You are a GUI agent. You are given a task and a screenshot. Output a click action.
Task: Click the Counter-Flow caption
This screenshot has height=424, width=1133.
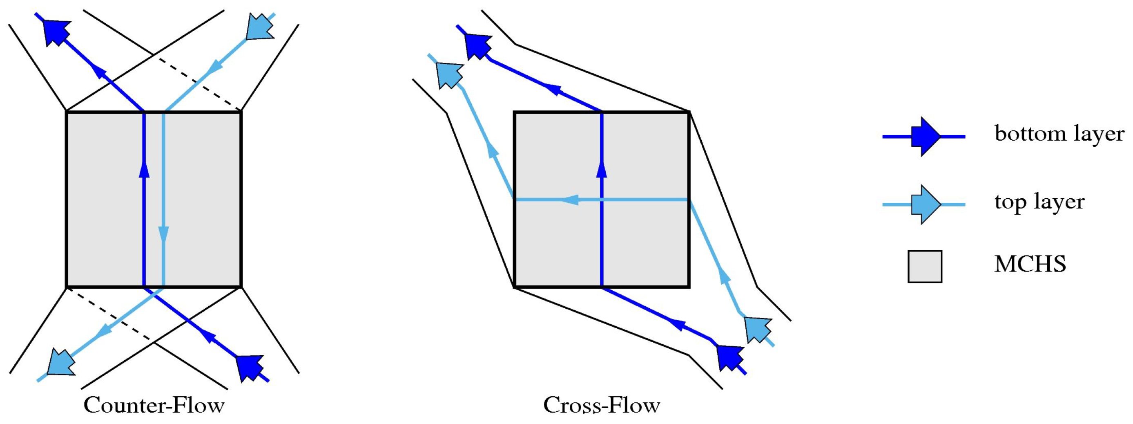point(154,405)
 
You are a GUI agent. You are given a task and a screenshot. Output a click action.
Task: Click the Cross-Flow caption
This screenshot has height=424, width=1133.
point(601,405)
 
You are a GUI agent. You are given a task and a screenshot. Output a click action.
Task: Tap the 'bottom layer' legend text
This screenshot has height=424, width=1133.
point(1059,133)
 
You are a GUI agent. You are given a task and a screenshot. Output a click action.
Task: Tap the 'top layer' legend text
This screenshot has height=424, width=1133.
point(1039,202)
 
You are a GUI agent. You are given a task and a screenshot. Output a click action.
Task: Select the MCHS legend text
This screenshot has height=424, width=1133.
point(1030,264)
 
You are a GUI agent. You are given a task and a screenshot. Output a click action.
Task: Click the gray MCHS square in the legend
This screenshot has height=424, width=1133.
point(925,266)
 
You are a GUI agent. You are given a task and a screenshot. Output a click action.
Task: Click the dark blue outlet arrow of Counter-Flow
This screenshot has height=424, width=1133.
point(57,32)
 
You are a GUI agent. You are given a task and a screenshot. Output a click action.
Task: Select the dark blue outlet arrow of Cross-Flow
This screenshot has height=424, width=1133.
point(477,45)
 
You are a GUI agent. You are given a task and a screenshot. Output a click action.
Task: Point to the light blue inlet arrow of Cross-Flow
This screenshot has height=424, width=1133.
point(758,329)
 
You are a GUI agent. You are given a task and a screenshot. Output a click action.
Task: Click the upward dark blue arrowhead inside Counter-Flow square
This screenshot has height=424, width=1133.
point(144,169)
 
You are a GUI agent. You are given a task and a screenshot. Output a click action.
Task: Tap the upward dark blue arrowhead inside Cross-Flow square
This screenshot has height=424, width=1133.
point(602,169)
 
